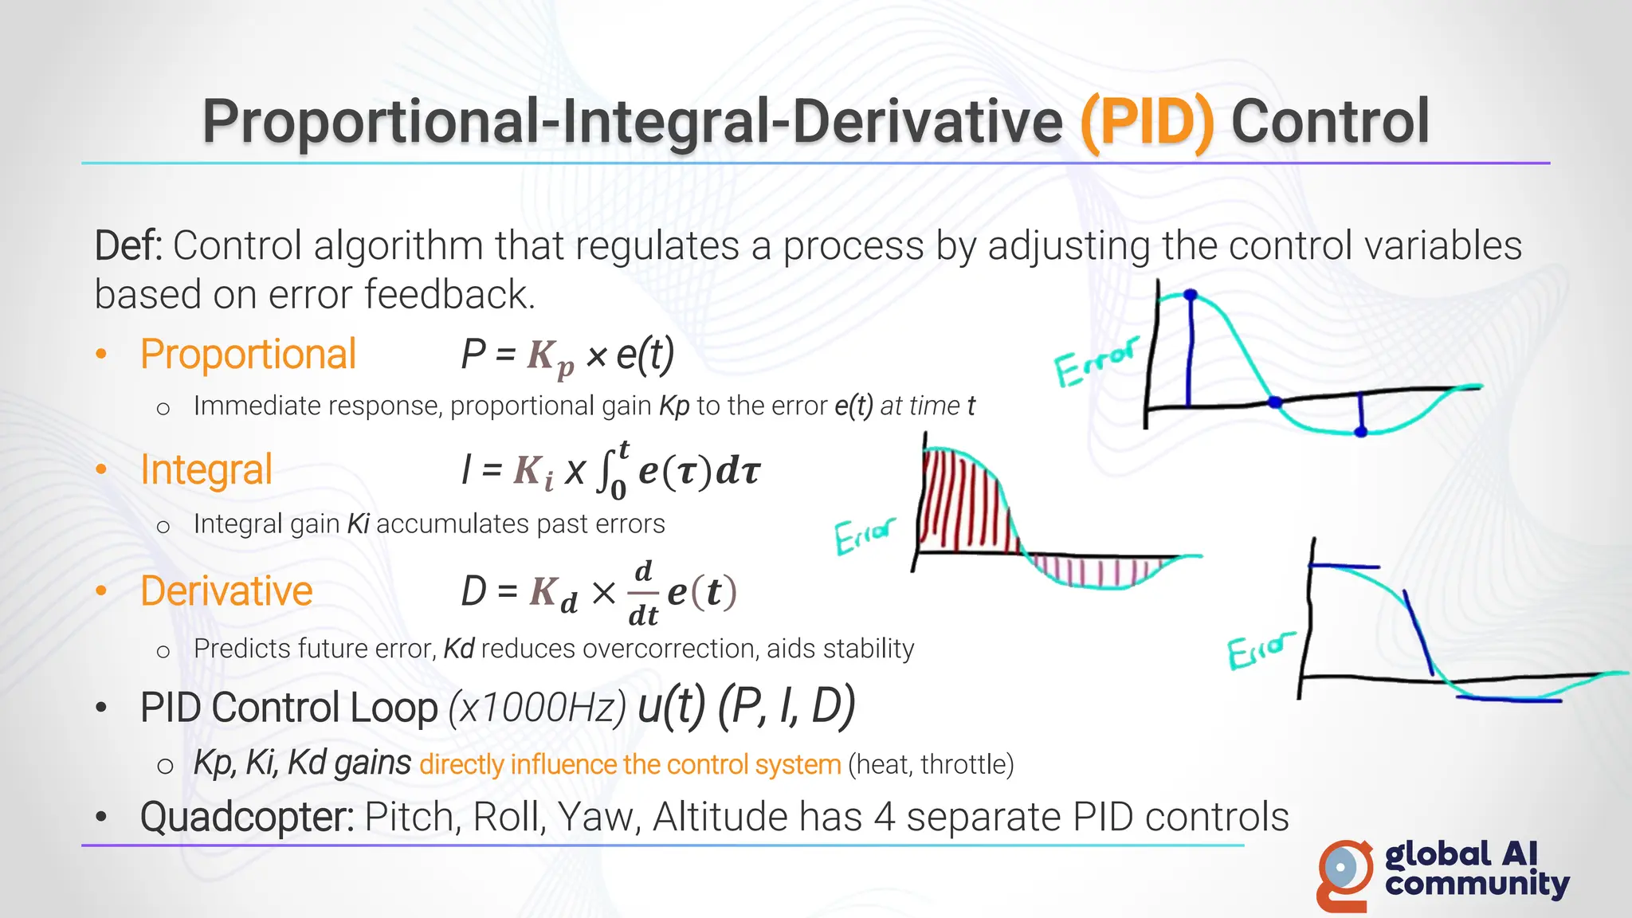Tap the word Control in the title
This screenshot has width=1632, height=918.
(x=1330, y=122)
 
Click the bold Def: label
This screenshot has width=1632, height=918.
(x=128, y=245)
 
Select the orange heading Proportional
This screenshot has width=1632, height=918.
(x=248, y=355)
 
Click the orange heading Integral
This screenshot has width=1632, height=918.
(x=206, y=470)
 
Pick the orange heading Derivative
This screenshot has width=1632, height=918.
(x=226, y=591)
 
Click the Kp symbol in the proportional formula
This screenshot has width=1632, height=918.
(x=550, y=357)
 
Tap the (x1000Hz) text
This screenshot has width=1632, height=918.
(x=537, y=708)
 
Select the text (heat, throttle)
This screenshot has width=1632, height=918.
(x=931, y=765)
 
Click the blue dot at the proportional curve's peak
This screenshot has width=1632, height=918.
(x=1191, y=296)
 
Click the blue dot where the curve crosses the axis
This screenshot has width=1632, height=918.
(x=1275, y=402)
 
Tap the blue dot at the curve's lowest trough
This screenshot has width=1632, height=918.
(x=1361, y=432)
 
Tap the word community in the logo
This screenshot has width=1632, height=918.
(x=1477, y=885)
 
